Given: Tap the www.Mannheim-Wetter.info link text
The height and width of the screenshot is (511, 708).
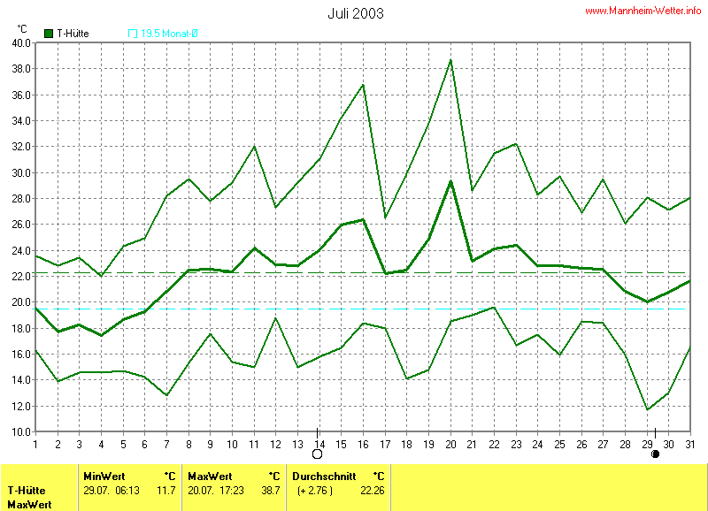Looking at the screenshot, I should tap(643, 11).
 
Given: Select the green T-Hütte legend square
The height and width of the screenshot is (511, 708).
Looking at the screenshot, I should tap(50, 34).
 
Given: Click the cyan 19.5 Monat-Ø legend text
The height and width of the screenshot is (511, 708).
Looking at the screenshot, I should tap(169, 34).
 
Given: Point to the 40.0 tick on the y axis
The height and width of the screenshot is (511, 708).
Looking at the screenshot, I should tap(21, 42).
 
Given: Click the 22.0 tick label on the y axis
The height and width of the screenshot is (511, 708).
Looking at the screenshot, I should tap(21, 276).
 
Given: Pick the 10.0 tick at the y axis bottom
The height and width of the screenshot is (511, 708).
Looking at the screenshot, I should tap(21, 431).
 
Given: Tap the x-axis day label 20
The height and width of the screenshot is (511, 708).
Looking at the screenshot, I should tap(450, 443).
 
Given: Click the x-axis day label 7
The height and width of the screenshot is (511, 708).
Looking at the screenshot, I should tap(165, 443).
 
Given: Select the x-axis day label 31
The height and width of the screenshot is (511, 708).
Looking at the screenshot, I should tap(690, 443).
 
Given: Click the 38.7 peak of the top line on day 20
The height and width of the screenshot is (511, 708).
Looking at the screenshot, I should tap(450, 59).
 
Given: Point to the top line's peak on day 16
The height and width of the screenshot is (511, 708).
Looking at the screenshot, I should tap(363, 85).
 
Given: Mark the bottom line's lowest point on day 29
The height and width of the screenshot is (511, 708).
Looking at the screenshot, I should tap(648, 409).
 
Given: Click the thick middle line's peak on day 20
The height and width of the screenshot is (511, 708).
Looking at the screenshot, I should tap(450, 181).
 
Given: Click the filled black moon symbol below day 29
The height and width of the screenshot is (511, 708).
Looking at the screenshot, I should tap(656, 454).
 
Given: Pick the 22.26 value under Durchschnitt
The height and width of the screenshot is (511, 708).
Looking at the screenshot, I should tap(371, 490).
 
